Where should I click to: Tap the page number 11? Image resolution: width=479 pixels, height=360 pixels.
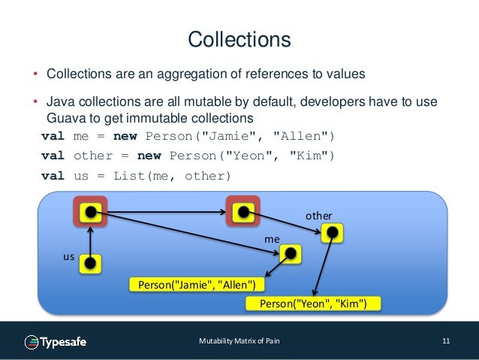pyautogui.click(x=446, y=342)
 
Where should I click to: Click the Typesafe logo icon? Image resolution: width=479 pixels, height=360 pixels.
pyautogui.click(x=32, y=342)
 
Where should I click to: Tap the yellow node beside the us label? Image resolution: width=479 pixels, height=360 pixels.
pyautogui.click(x=90, y=263)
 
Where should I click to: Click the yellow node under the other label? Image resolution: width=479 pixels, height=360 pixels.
pyautogui.click(x=331, y=233)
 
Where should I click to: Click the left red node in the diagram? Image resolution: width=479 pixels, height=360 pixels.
pyautogui.click(x=90, y=212)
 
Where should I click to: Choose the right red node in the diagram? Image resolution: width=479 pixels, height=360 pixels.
pyautogui.click(x=243, y=212)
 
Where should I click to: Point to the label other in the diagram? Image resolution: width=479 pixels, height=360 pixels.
pyautogui.click(x=318, y=216)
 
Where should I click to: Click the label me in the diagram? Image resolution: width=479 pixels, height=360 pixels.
pyautogui.click(x=272, y=238)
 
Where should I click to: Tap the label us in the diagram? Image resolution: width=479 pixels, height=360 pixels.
pyautogui.click(x=68, y=256)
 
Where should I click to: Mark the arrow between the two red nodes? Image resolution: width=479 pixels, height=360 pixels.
pyautogui.click(x=165, y=212)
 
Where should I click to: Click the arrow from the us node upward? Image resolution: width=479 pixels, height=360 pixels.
pyautogui.click(x=90, y=239)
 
